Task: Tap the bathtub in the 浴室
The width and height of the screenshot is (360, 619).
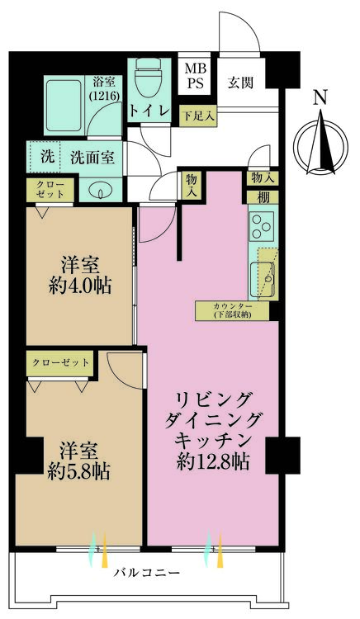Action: point(64,106)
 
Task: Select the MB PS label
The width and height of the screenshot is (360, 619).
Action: point(196,76)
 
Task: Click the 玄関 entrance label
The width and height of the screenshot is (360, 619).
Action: point(240,83)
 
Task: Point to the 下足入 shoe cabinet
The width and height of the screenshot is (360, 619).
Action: point(198,116)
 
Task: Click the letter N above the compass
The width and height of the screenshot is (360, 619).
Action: point(320,97)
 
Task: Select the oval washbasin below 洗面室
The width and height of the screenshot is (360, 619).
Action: point(100,191)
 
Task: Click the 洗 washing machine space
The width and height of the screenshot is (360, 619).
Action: point(45,157)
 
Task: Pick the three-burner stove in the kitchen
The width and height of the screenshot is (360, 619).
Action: point(262,226)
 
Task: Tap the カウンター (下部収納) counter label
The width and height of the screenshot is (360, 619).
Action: point(232,311)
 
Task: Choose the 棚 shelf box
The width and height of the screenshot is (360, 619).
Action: point(263,197)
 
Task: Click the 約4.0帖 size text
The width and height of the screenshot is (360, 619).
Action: point(81,286)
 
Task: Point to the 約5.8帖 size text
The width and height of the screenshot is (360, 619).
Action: point(79,472)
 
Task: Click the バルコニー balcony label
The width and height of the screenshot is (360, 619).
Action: point(147,573)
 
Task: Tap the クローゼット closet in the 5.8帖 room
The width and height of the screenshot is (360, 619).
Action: point(60,363)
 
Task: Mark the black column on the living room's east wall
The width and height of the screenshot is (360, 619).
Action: point(282,455)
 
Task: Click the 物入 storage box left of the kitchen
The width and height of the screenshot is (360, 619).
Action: point(192,185)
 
